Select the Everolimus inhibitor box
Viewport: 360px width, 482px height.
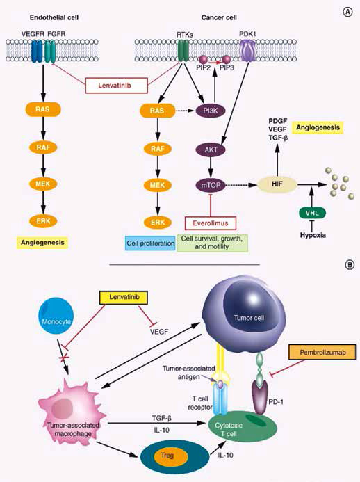(x=211, y=223)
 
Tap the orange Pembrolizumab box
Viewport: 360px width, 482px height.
(x=322, y=352)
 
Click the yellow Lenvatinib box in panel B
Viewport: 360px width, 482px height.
(x=124, y=297)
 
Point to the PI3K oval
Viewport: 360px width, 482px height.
(x=211, y=111)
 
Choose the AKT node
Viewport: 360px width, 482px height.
(x=211, y=150)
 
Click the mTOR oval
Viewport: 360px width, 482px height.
(x=211, y=186)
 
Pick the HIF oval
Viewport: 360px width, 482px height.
(x=277, y=184)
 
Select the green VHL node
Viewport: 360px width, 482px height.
(x=312, y=213)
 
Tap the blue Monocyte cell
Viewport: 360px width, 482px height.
(x=56, y=321)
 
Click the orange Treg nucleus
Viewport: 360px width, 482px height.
(x=167, y=456)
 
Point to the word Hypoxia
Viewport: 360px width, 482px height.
(x=313, y=236)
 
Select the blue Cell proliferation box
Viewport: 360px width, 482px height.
(x=151, y=243)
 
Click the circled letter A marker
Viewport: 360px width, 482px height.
(x=347, y=13)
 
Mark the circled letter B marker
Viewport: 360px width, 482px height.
(x=350, y=265)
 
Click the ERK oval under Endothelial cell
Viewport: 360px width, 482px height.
(x=43, y=220)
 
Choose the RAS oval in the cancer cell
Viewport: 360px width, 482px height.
(x=157, y=111)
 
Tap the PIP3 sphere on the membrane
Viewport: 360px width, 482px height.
(x=227, y=58)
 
